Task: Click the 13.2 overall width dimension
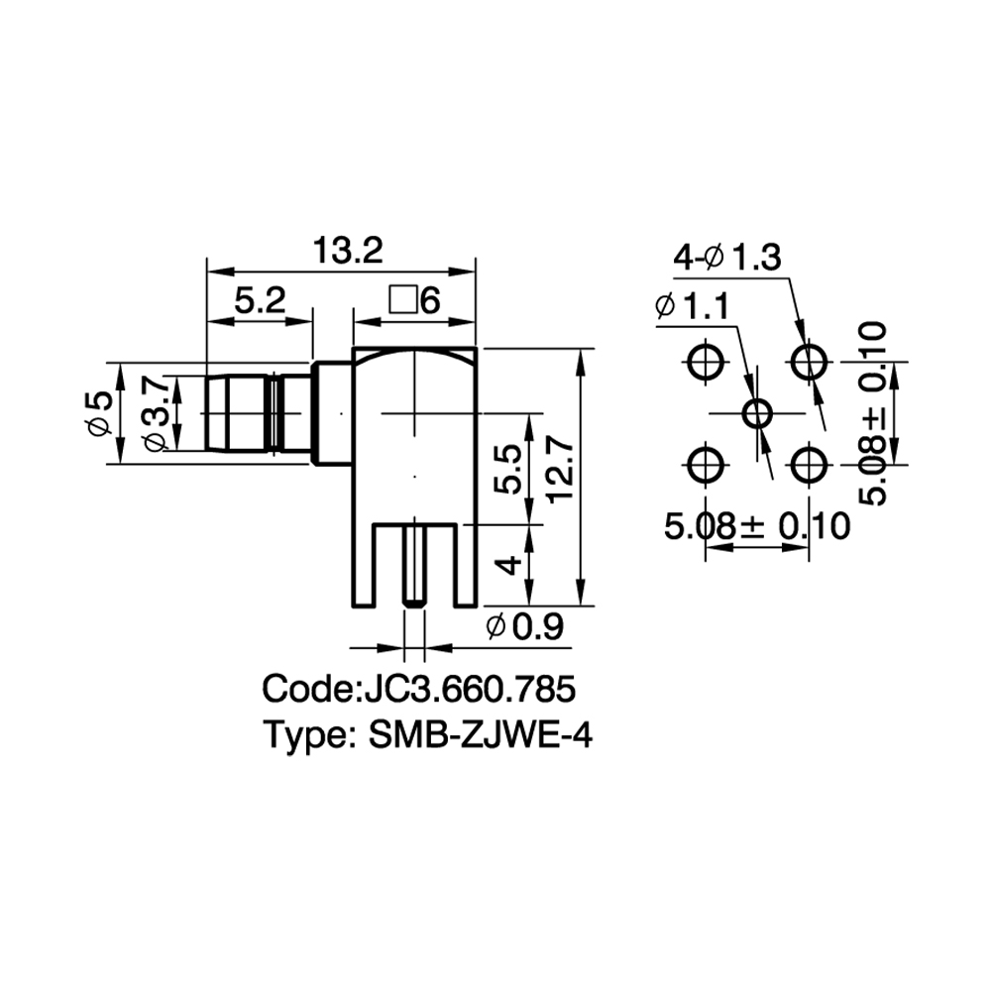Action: click(x=348, y=251)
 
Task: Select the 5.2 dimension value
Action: click(x=261, y=300)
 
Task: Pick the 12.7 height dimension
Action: click(x=561, y=472)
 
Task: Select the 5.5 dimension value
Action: click(x=507, y=469)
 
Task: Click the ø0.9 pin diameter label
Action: click(x=524, y=627)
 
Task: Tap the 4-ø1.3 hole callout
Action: click(x=726, y=258)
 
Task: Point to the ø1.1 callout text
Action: click(x=693, y=306)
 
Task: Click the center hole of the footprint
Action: click(x=757, y=414)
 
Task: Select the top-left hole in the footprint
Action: click(x=705, y=362)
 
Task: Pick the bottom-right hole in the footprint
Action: click(x=809, y=465)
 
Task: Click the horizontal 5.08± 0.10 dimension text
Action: click(x=757, y=526)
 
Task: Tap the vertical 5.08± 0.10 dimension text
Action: click(x=873, y=413)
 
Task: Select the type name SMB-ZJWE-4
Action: click(x=481, y=735)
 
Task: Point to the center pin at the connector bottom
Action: click(x=413, y=563)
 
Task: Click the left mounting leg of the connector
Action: click(x=364, y=565)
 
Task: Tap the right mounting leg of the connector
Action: click(x=465, y=565)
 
